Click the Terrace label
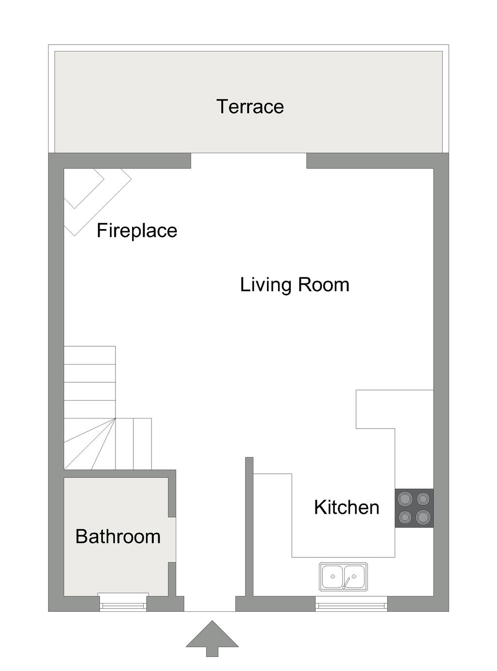point(250,106)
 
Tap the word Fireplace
point(137,231)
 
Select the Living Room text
point(295,285)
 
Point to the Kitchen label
point(347,507)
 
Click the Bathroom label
point(117,537)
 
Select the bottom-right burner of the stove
point(423,517)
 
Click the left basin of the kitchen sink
point(332,576)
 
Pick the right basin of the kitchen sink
point(354,576)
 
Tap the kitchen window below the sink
point(351,605)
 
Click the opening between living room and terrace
point(248,161)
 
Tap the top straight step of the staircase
point(89,355)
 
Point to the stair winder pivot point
point(115,419)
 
